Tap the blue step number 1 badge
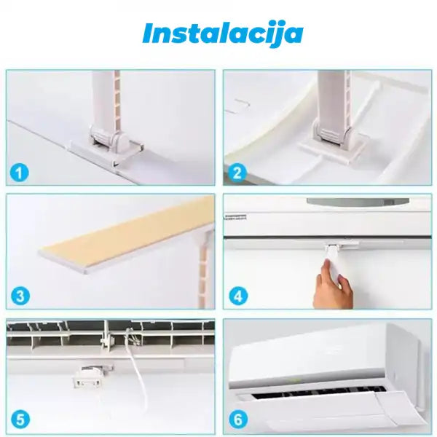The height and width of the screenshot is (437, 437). pyautogui.click(x=19, y=173)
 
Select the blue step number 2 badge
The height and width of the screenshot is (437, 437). pyautogui.click(x=237, y=173)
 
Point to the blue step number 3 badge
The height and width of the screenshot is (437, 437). pyautogui.click(x=20, y=296)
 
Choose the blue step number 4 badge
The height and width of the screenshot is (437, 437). pyautogui.click(x=238, y=296)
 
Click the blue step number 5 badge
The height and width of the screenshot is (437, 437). pyautogui.click(x=20, y=420)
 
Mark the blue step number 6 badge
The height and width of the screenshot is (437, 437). pyautogui.click(x=238, y=420)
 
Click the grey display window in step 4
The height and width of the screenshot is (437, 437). pyautogui.click(x=358, y=202)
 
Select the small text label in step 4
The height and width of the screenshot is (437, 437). pyautogui.click(x=235, y=217)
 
